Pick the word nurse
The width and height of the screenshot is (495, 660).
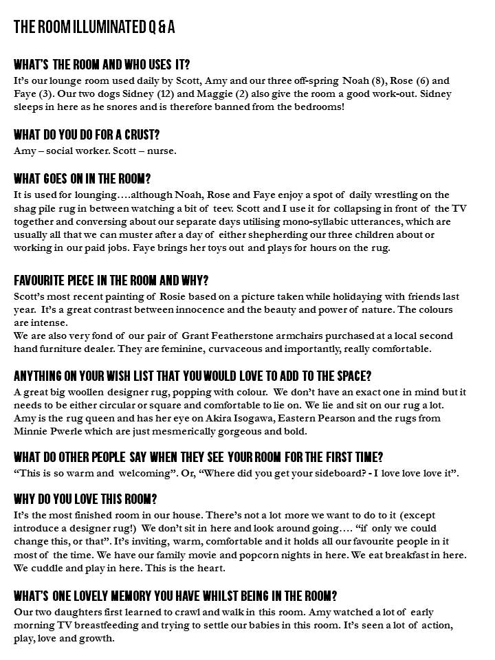162,151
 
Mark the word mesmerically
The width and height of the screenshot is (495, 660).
211,431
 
